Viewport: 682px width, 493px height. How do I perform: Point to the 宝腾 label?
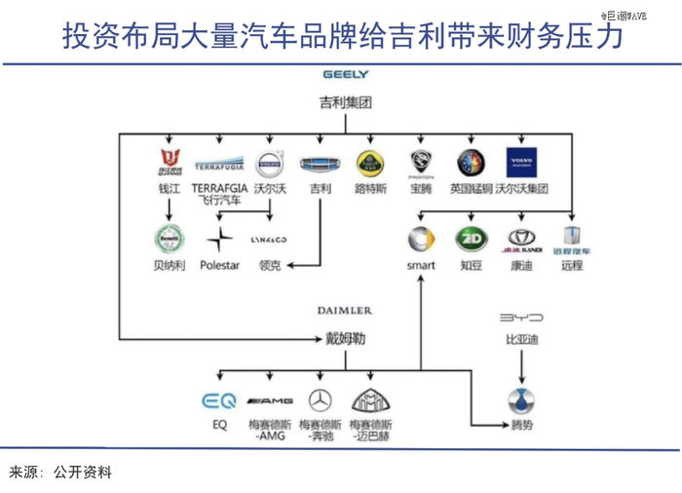[x=421, y=188]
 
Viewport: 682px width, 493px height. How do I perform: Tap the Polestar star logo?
[x=221, y=239]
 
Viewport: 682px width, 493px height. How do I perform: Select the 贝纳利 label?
[x=170, y=265]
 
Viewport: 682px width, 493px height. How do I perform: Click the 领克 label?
[x=270, y=265]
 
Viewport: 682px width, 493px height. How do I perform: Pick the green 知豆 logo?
[x=472, y=240]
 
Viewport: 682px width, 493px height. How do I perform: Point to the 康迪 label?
[x=521, y=265]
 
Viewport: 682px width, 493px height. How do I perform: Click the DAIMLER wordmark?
[x=344, y=310]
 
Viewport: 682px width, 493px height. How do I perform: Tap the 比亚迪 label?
[x=521, y=340]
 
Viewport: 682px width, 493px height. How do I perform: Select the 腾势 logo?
[x=521, y=400]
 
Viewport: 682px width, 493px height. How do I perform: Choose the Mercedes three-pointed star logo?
[x=320, y=400]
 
